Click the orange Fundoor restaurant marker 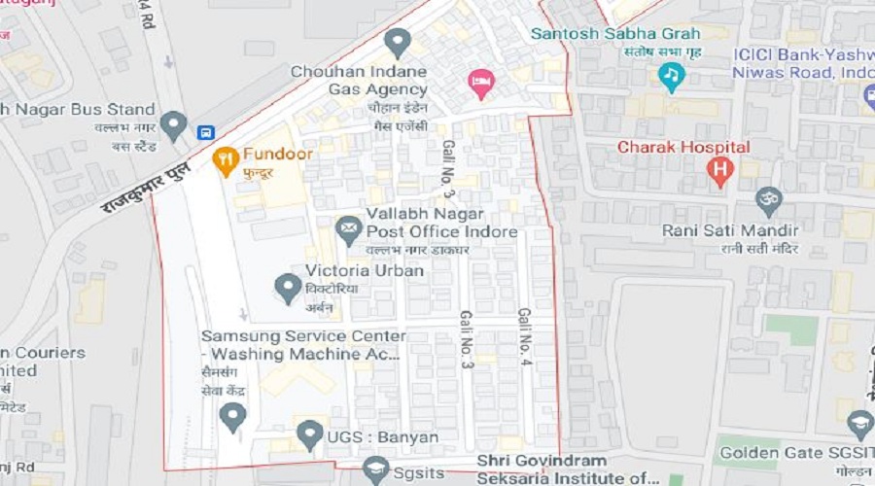coord(226,160)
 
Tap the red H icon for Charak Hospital coord(718,171)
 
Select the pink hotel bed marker coord(480,83)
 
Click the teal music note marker coord(671,76)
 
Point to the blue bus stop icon coord(205,132)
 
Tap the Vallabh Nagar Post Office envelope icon coord(348,229)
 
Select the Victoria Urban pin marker coord(288,288)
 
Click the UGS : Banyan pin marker coord(309,434)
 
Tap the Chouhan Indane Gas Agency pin coord(397,43)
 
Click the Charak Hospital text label coord(684,148)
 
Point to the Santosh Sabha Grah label coord(615,34)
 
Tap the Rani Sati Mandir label coord(730,230)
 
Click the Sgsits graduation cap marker coord(375,470)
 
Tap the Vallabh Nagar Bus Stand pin coord(173,125)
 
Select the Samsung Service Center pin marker coord(231,418)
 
